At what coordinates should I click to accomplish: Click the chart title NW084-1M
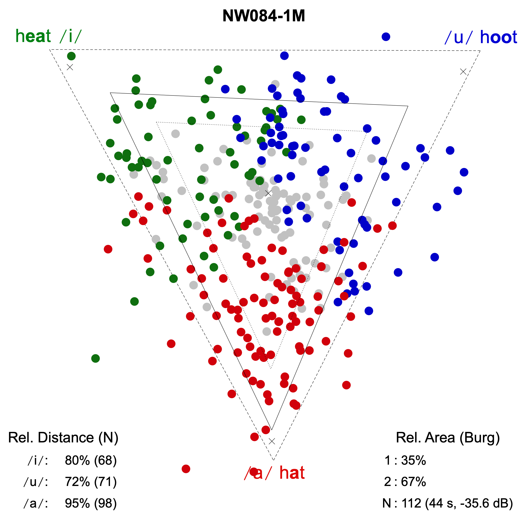264,16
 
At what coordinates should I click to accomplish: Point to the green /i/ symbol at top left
70,36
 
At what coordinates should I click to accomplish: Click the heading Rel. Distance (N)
63,438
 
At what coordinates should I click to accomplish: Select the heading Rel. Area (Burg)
448,438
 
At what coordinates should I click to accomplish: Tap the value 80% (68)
91,460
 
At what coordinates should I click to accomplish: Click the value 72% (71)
91,482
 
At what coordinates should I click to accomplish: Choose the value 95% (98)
91,503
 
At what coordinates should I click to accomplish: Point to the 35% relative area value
413,460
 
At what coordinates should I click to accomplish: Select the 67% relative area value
413,482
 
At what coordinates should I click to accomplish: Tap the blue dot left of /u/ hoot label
386,37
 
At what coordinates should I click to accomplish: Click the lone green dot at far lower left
95,358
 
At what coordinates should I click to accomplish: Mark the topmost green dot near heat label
71,56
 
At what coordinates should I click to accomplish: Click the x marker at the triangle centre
268,193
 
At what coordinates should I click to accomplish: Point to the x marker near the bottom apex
272,441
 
